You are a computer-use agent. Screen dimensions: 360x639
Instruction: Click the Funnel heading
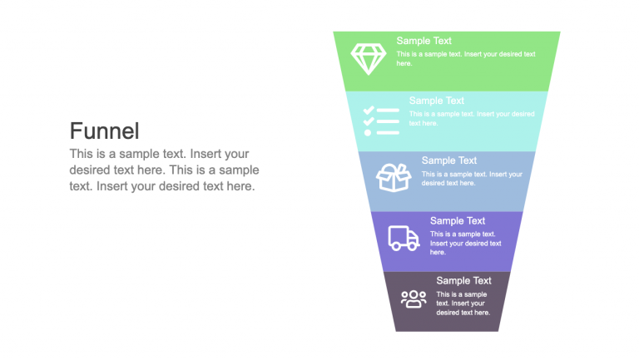point(104,131)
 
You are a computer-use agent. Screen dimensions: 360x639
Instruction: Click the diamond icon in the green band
point(367,59)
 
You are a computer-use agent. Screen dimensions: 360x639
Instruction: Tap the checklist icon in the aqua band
point(381,121)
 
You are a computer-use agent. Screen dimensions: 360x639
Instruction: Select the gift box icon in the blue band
point(394,177)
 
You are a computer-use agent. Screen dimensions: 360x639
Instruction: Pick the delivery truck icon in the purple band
point(404,239)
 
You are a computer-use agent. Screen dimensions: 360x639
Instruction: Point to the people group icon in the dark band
point(414,298)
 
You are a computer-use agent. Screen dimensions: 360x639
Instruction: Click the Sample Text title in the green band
point(424,41)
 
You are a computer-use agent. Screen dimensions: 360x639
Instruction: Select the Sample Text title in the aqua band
point(436,101)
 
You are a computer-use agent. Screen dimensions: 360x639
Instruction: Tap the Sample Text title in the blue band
point(448,160)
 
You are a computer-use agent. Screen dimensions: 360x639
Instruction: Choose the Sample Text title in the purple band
point(458,221)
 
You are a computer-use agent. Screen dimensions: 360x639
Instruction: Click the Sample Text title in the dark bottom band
point(463,281)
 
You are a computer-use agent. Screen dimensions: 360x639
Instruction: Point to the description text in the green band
point(465,58)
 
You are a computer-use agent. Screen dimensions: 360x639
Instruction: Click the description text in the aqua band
point(471,118)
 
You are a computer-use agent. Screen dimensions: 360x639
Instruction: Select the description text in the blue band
point(472,179)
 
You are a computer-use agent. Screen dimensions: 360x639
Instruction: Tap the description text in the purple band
point(465,243)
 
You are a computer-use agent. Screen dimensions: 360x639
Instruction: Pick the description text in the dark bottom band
point(463,303)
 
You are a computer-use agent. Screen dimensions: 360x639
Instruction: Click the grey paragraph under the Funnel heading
point(164,170)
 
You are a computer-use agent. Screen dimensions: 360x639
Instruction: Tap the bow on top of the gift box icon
point(393,167)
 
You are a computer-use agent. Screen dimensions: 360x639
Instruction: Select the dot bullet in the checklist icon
point(368,132)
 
